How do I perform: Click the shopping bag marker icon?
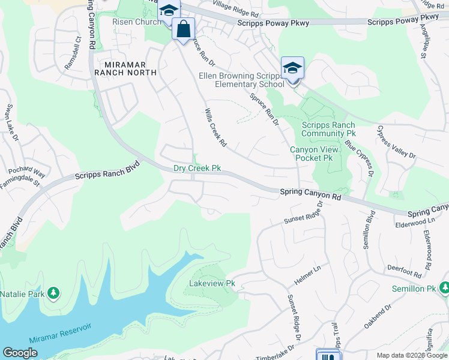point(183,29)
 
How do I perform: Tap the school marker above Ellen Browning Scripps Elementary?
point(292,68)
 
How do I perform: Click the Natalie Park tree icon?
point(54,293)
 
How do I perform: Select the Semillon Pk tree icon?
point(443,289)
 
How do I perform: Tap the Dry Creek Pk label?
point(197,169)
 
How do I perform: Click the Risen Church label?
point(136,22)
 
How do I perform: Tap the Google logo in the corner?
point(20,353)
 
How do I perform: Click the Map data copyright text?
point(412,355)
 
